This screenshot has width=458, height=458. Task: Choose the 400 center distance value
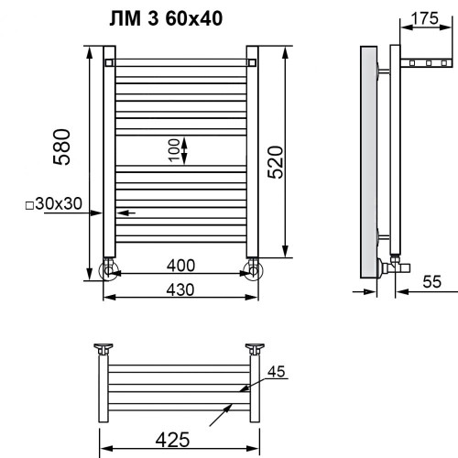[x=180, y=267]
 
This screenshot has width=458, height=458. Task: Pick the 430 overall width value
[x=180, y=288]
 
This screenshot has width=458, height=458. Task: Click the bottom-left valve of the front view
[x=109, y=269]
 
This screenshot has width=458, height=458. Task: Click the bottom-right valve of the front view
[x=252, y=269]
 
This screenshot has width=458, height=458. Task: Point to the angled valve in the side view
[x=394, y=267]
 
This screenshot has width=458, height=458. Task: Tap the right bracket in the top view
[x=255, y=349]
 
